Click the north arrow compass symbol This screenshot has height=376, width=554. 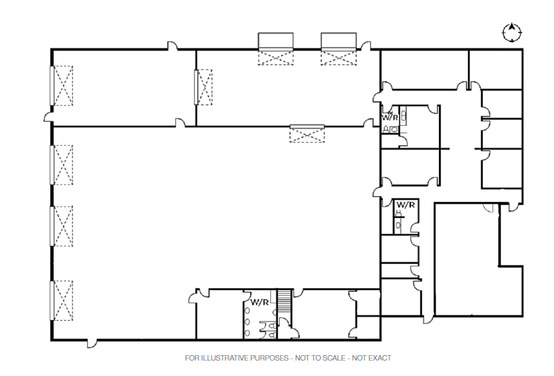[512, 32]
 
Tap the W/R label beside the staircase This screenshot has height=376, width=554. [260, 302]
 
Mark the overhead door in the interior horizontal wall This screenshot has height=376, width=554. [307, 133]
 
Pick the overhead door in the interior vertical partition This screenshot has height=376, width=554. [202, 87]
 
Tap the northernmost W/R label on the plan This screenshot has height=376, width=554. [390, 117]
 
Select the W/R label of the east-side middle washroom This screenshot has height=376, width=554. [405, 204]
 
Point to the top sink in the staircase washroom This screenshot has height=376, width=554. [249, 313]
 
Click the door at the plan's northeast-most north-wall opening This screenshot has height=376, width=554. [365, 45]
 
